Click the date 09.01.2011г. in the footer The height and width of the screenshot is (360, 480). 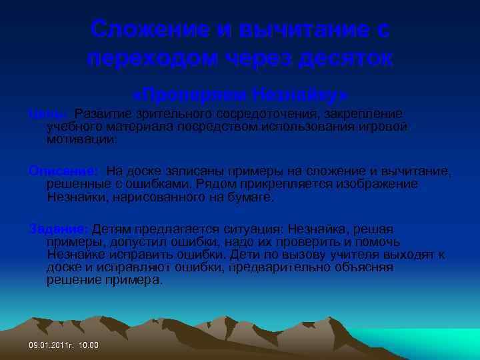pyautogui.click(x=51, y=345)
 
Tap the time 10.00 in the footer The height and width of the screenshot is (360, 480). pyautogui.click(x=88, y=345)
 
